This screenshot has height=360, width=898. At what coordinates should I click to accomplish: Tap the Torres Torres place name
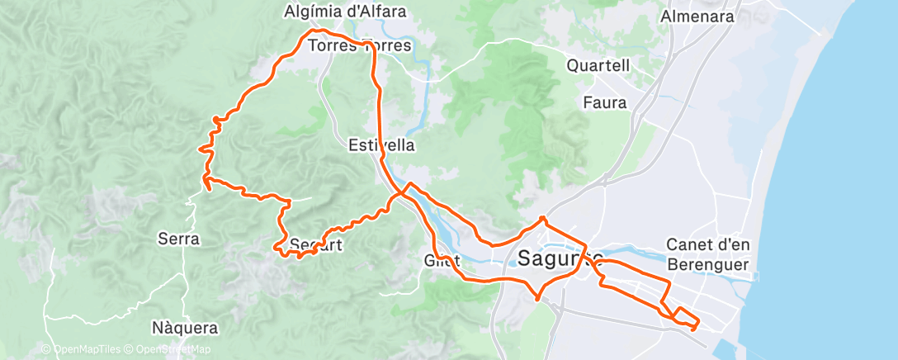click(x=359, y=46)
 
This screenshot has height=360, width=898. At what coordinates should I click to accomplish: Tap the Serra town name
click(x=178, y=239)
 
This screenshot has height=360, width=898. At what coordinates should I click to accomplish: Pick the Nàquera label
click(x=186, y=328)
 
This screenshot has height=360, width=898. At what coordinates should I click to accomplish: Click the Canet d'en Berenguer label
click(x=707, y=254)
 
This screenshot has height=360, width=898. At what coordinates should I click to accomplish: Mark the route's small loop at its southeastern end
click(x=684, y=317)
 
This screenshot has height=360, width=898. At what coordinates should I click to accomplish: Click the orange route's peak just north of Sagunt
click(x=542, y=219)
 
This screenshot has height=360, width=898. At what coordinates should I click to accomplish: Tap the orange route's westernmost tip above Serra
click(x=201, y=149)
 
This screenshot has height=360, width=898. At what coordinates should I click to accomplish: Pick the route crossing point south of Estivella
click(x=401, y=192)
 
